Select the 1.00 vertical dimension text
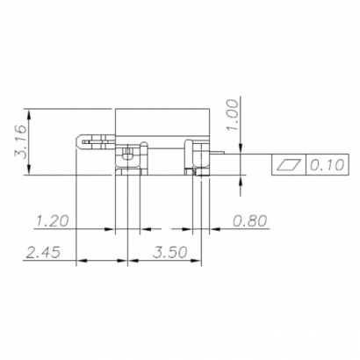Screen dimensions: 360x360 click(x=232, y=114)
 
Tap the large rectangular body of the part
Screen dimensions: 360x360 click(x=163, y=123)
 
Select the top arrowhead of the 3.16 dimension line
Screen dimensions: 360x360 click(x=30, y=113)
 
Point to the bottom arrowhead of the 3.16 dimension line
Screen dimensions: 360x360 click(x=30, y=172)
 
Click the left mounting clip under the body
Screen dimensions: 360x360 click(x=128, y=159)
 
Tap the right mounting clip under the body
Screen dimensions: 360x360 click(x=194, y=158)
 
